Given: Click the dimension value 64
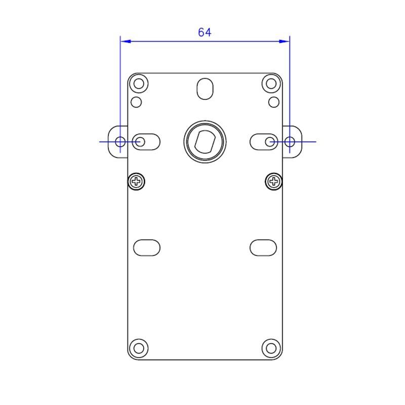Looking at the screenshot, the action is click(x=205, y=32).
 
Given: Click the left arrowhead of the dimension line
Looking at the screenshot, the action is click(x=126, y=42).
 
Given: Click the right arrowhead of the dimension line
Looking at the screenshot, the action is click(x=284, y=42).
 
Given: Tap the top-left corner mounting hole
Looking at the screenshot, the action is click(x=139, y=84).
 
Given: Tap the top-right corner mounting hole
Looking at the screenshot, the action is click(x=271, y=84).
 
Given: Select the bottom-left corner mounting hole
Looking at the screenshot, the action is click(x=139, y=348).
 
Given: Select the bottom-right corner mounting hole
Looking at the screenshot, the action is click(x=271, y=348).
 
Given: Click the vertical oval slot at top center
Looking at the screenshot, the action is click(x=205, y=89).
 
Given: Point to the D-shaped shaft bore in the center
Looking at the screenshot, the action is click(x=205, y=142).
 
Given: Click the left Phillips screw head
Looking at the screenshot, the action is click(x=136, y=182).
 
